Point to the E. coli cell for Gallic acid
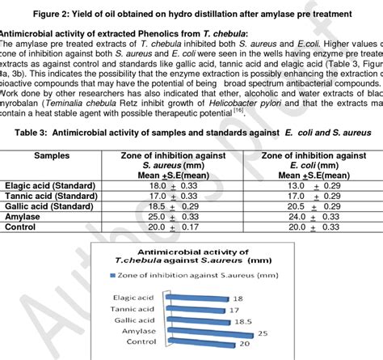pyautogui.click(x=312, y=205)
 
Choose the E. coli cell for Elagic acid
pyautogui.click(x=312, y=185)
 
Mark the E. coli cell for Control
pyautogui.click(x=312, y=226)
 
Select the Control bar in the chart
pyautogui.click(x=199, y=344)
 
